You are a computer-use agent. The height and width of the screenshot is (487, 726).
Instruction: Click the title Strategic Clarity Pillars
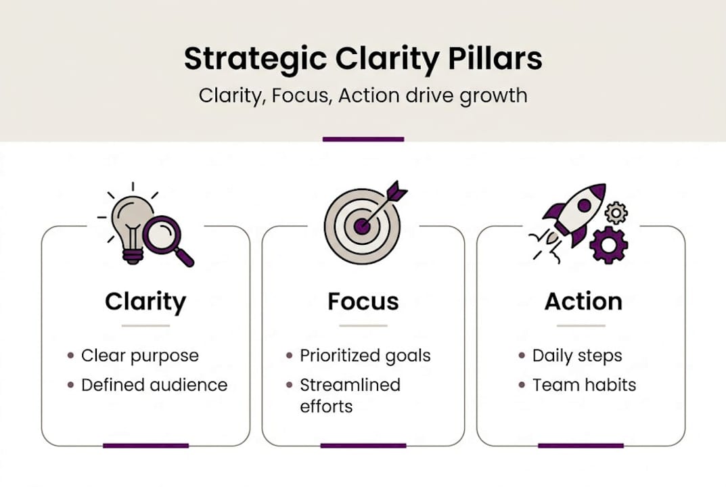click(363, 59)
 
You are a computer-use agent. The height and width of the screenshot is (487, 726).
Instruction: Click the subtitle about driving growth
click(363, 95)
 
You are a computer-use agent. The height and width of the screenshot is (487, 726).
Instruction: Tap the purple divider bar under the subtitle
click(363, 139)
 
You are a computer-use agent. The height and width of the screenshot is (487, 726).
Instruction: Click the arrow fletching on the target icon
click(396, 192)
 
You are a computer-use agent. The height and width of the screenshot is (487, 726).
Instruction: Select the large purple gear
click(608, 244)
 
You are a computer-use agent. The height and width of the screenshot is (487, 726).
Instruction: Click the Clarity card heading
click(145, 302)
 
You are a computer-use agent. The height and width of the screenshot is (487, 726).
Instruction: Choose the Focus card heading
click(363, 302)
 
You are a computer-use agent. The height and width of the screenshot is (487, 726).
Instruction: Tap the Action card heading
click(583, 302)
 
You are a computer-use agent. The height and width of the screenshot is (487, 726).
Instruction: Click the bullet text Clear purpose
click(140, 356)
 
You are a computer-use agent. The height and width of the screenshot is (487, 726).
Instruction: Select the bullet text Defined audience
click(154, 385)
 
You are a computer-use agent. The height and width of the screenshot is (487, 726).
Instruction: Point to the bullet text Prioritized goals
click(365, 356)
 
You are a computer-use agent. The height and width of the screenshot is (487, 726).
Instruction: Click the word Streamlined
click(350, 385)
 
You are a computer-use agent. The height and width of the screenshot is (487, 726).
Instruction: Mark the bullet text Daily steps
click(577, 356)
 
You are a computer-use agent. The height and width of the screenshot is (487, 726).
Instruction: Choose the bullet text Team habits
click(585, 385)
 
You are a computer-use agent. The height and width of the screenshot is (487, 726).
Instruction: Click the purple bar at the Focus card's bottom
click(363, 446)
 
